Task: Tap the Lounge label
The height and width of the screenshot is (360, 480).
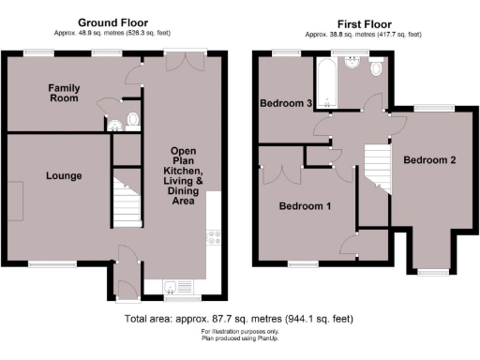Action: coord(62,175)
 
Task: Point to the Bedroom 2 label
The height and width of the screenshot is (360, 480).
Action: coord(429,160)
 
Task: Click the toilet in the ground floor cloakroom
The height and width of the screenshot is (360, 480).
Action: coord(131,119)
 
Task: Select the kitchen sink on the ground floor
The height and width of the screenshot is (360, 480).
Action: coord(174,287)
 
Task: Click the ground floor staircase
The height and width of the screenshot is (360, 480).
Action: coord(125,199)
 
